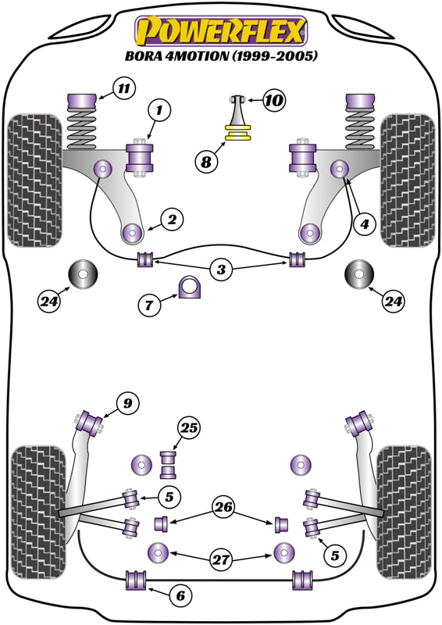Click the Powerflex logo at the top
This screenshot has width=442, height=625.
click(221, 30)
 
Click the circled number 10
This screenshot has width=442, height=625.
click(274, 100)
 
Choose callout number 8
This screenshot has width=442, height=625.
click(205, 162)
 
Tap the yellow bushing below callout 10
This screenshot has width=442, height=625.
click(237, 136)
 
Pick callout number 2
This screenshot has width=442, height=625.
click(172, 220)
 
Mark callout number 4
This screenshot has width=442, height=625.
click(363, 223)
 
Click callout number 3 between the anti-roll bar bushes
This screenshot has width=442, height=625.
click(221, 270)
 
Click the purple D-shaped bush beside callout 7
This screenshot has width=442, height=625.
click(191, 287)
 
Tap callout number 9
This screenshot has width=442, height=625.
click(127, 403)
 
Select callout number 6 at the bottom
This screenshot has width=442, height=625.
click(180, 596)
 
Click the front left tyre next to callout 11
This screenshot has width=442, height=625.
click(34, 179)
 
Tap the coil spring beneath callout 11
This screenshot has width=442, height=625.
click(82, 129)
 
